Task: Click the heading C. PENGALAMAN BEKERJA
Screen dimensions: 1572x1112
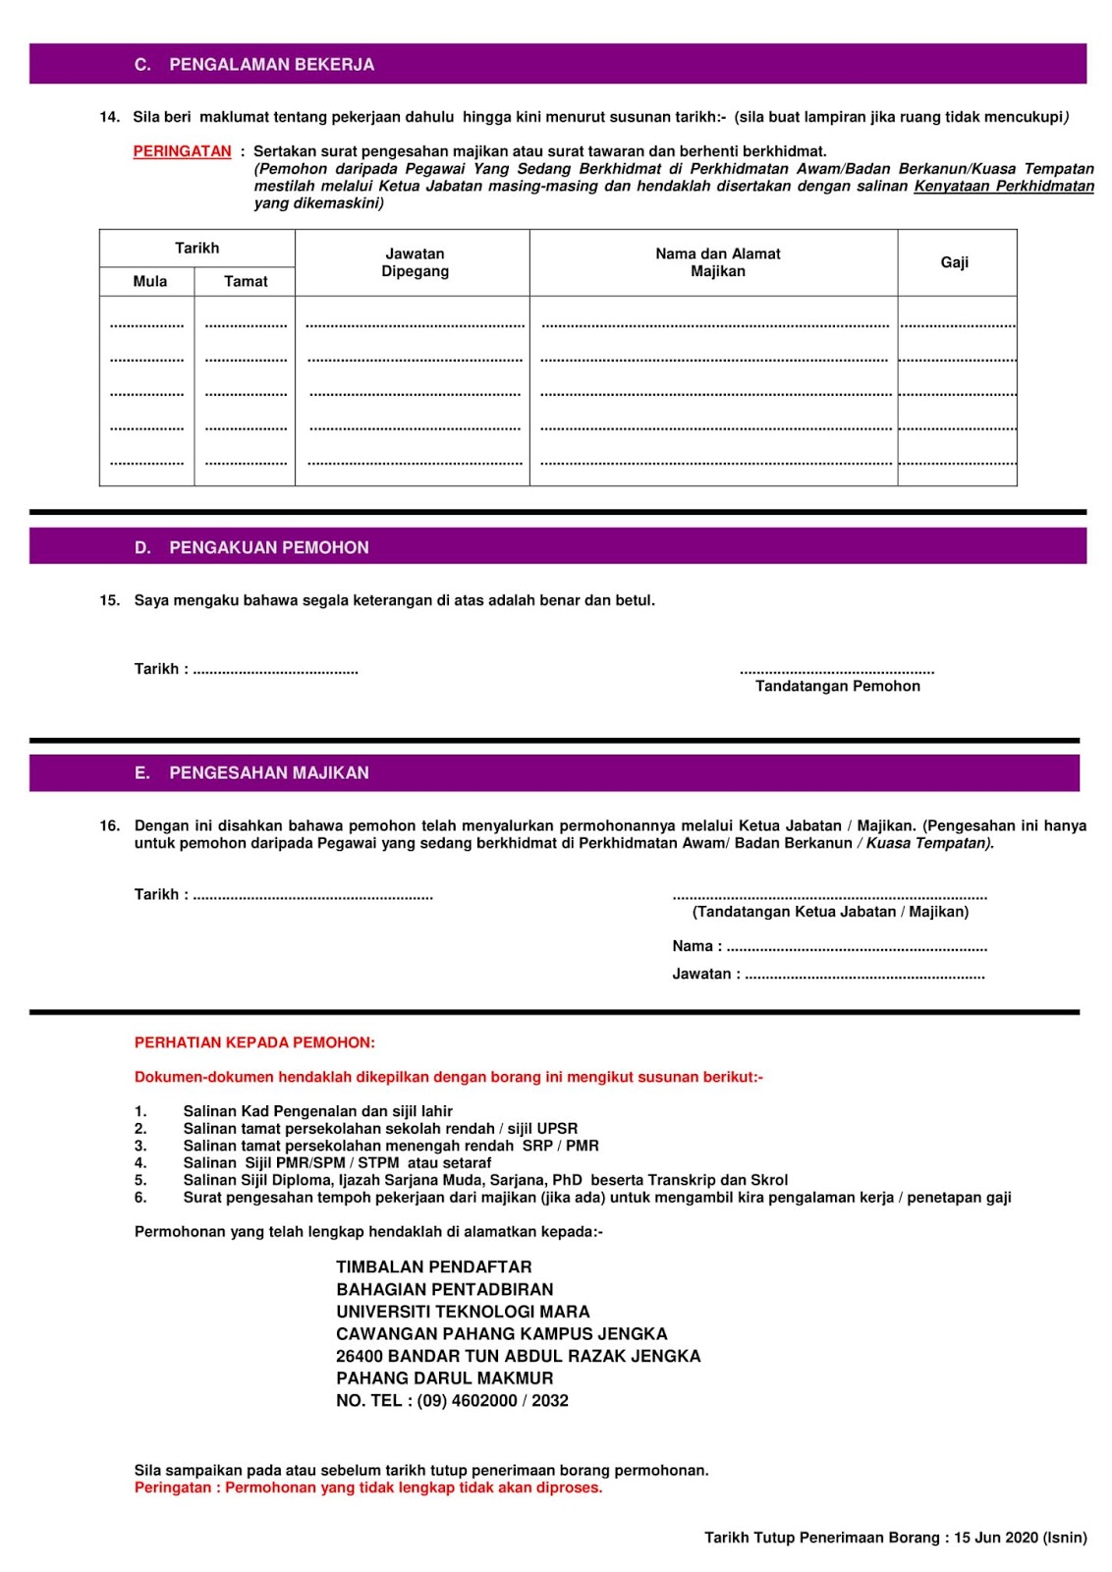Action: pyautogui.click(x=254, y=65)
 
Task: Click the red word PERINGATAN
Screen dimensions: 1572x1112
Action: pyautogui.click(x=182, y=151)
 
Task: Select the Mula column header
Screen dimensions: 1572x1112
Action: pyautogui.click(x=149, y=282)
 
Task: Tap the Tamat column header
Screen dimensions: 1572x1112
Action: pyautogui.click(x=246, y=282)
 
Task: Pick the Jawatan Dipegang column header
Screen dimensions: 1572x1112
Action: pyautogui.click(x=415, y=262)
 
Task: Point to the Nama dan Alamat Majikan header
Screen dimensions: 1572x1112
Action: pyautogui.click(x=717, y=262)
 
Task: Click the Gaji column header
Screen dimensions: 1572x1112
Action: pyautogui.click(x=954, y=262)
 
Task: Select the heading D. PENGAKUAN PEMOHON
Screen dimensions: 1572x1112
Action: pyautogui.click(x=251, y=548)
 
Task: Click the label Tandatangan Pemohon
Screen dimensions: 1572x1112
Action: pyautogui.click(x=837, y=687)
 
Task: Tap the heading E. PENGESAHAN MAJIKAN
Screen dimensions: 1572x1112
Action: pyautogui.click(x=251, y=773)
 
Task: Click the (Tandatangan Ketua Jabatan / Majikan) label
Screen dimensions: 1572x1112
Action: pyautogui.click(x=830, y=912)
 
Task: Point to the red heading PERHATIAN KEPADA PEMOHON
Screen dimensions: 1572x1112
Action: pyautogui.click(x=254, y=1042)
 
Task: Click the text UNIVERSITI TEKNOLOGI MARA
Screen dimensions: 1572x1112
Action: pyautogui.click(x=463, y=1312)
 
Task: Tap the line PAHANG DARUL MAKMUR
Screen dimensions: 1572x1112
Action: pyautogui.click(x=444, y=1378)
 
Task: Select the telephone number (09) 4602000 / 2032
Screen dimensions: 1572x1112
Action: pyautogui.click(x=492, y=1401)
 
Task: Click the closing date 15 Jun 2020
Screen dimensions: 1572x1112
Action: pyautogui.click(x=995, y=1538)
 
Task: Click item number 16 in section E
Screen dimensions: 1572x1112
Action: pyautogui.click(x=109, y=826)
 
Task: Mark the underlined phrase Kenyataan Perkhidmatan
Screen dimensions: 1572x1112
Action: pyautogui.click(x=1003, y=187)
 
